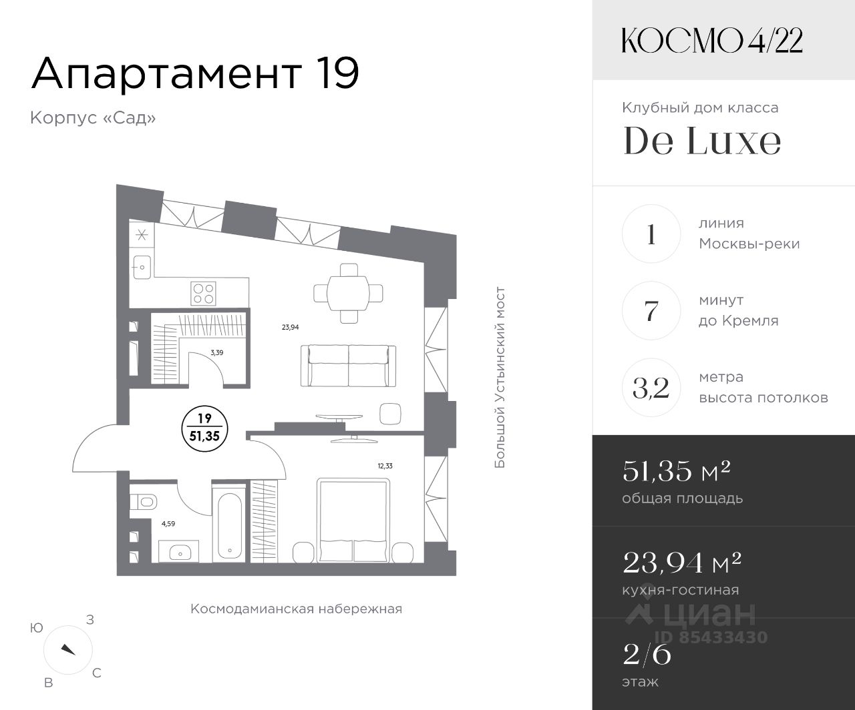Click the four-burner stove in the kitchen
click(203, 293)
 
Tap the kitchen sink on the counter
click(142, 268)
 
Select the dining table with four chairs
click(348, 293)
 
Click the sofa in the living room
click(348, 366)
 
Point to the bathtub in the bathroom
click(229, 526)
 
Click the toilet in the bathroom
click(144, 501)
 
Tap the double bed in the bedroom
click(354, 520)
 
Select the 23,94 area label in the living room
click(291, 327)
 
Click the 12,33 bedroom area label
click(385, 465)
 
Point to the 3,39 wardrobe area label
click(217, 352)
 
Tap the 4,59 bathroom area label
click(168, 524)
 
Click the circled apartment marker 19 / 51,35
click(205, 428)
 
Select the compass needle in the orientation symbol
click(68, 649)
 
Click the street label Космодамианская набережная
click(297, 609)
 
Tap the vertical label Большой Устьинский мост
click(500, 378)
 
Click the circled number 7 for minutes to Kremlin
click(651, 310)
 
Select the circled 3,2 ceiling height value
click(651, 387)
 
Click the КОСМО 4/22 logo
click(712, 41)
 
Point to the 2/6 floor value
click(647, 655)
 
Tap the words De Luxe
click(702, 141)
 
